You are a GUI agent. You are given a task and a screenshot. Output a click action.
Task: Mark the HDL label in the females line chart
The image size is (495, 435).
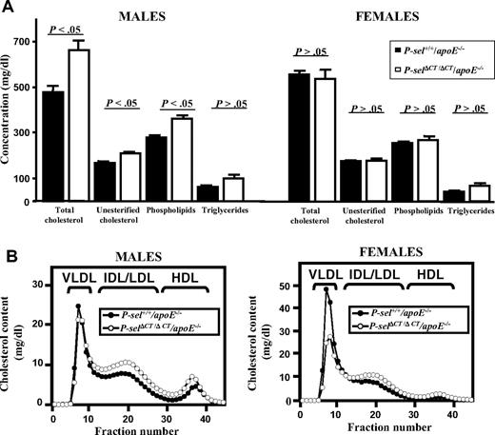pyautogui.click(x=429, y=269)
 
